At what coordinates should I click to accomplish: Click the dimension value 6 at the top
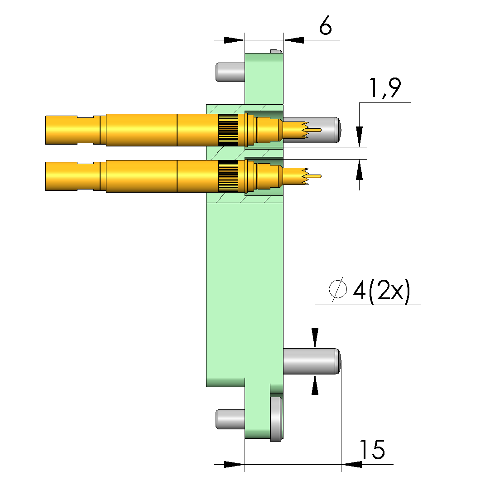coord(325,25)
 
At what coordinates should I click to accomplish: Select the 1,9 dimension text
coord(385,88)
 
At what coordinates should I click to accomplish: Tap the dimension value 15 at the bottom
coord(373,449)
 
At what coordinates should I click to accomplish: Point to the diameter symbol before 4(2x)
coord(338,289)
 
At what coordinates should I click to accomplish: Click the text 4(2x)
coord(381,291)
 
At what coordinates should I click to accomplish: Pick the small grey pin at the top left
coord(230,72)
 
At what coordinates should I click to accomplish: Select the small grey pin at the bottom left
coord(230,419)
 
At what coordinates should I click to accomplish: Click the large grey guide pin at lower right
coord(312,361)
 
